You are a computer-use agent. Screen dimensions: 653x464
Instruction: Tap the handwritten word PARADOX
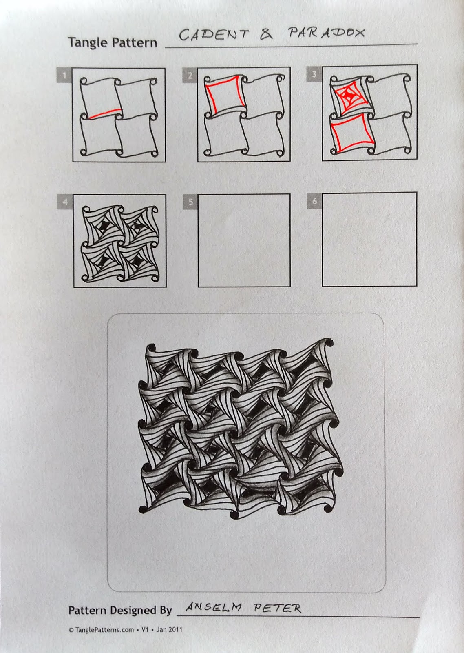pyautogui.click(x=326, y=33)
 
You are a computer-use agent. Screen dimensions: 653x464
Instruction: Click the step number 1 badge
pyautogui.click(x=64, y=74)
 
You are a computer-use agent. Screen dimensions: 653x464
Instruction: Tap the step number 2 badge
pyautogui.click(x=190, y=74)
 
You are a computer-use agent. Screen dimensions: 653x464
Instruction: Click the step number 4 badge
pyautogui.click(x=65, y=201)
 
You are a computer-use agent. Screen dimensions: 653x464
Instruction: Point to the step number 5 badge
pyautogui.click(x=190, y=202)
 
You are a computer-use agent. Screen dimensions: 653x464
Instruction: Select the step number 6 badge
pyautogui.click(x=314, y=201)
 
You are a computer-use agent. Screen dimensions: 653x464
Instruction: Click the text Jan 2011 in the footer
pyautogui.click(x=169, y=630)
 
